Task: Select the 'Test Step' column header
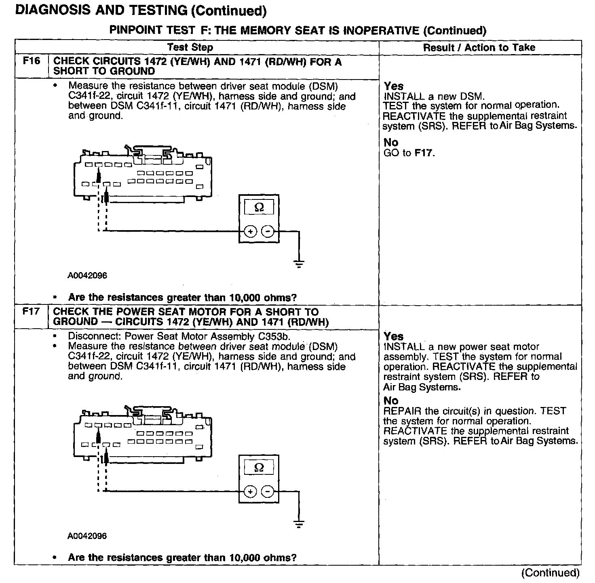tap(190, 47)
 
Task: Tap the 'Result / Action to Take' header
tap(479, 47)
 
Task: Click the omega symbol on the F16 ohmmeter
tap(259, 208)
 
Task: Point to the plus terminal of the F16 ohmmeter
tap(251, 231)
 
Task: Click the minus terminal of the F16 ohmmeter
tap(268, 231)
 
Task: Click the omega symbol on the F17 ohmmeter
tap(259, 468)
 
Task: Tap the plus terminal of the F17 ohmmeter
tap(251, 491)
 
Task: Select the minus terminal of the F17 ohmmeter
tap(268, 491)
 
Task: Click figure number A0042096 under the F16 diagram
tap(87, 276)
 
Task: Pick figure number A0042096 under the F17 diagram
tap(87, 536)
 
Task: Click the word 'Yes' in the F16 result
tap(393, 86)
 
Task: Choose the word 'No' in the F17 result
tap(391, 401)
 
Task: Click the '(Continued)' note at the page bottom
tap(550, 573)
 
